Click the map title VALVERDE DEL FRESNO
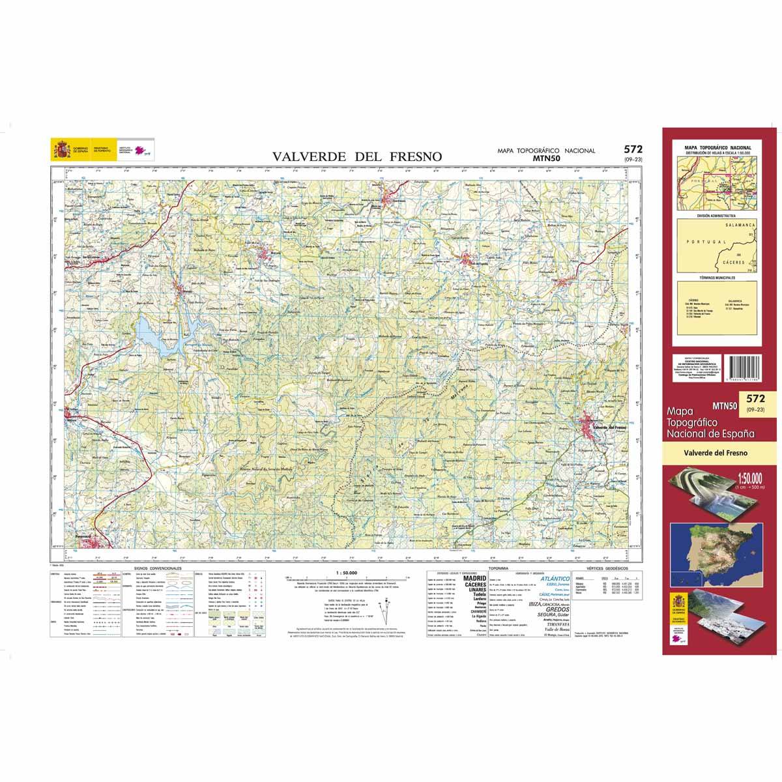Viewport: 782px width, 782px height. (357, 156)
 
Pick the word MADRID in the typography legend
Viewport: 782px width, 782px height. (474, 578)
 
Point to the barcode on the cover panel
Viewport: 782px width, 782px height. (742, 370)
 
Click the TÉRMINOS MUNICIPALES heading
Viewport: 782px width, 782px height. (716, 278)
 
